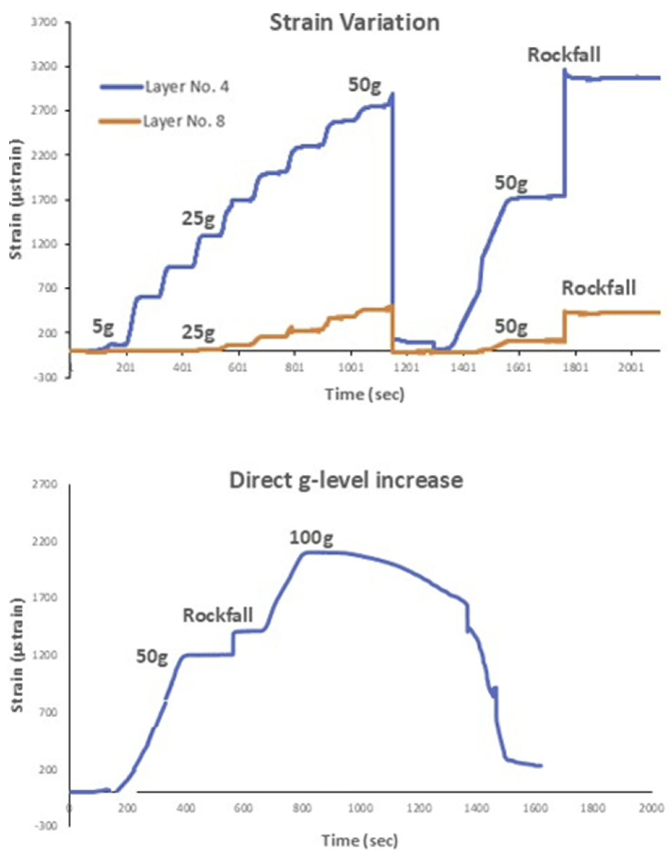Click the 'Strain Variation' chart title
pyautogui.click(x=354, y=23)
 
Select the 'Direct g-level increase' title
pyautogui.click(x=346, y=480)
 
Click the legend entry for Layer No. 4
pyautogui.click(x=187, y=87)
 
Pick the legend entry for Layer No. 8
pyautogui.click(x=184, y=121)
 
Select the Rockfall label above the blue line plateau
pyautogui.click(x=564, y=55)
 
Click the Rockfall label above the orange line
pyautogui.click(x=598, y=288)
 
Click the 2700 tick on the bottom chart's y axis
pyautogui.click(x=46, y=484)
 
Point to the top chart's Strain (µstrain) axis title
pyautogui.click(x=17, y=200)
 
